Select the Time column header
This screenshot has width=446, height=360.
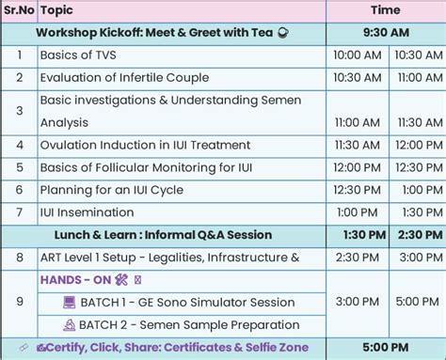pyautogui.click(x=385, y=10)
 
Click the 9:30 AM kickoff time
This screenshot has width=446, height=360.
pyautogui.click(x=386, y=33)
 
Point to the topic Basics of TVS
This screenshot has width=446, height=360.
pyautogui.click(x=79, y=55)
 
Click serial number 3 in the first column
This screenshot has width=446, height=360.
pyautogui.click(x=19, y=110)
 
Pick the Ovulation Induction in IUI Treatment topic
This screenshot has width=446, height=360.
pyautogui.click(x=145, y=145)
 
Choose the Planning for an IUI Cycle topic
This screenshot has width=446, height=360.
pyautogui.click(x=118, y=190)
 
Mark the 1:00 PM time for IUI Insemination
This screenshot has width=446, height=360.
pyautogui.click(x=357, y=212)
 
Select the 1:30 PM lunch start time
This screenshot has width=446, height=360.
pyautogui.click(x=357, y=235)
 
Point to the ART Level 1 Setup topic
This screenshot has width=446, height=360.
pyautogui.click(x=169, y=258)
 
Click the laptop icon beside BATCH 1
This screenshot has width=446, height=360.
pyautogui.click(x=69, y=303)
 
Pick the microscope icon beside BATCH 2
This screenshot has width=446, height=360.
pyautogui.click(x=69, y=325)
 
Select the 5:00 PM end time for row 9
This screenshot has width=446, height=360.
pyautogui.click(x=414, y=303)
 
